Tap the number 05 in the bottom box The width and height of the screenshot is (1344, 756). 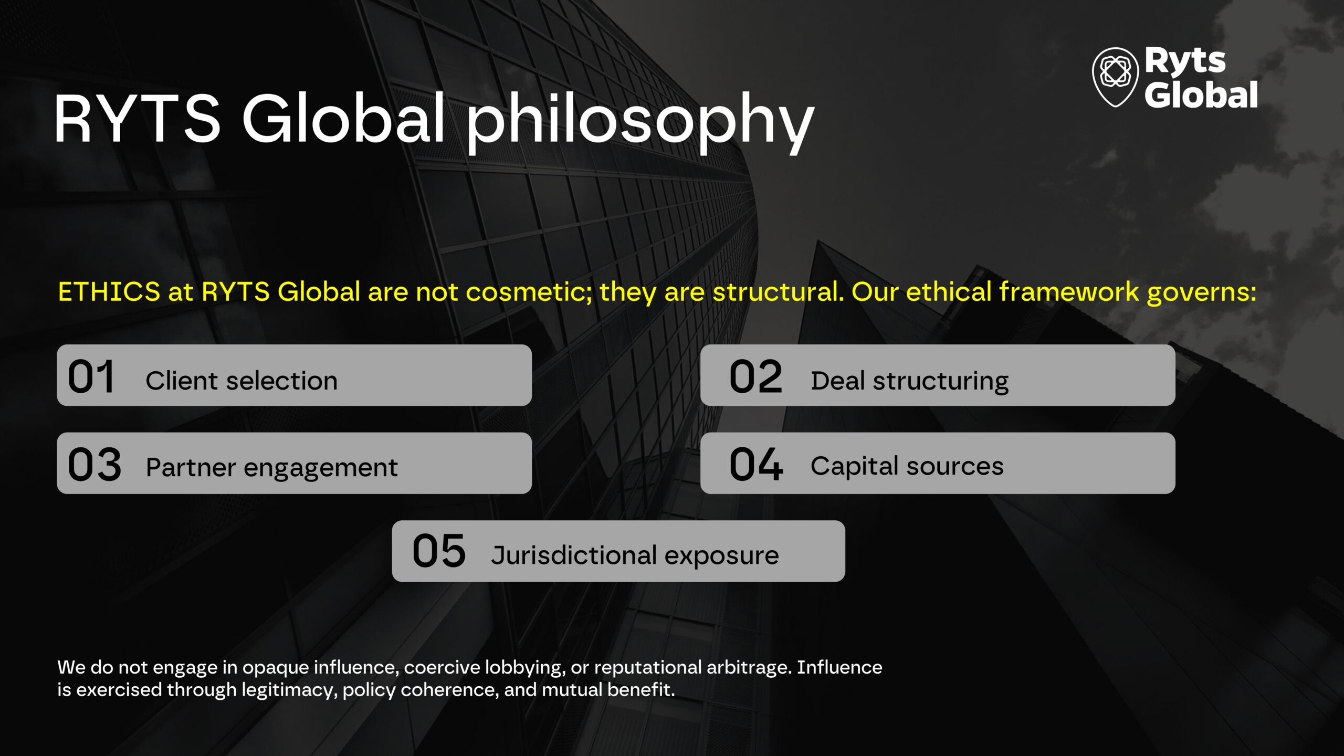439,551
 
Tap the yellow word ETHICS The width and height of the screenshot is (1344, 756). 109,292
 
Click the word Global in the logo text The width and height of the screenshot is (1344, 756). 1201,95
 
